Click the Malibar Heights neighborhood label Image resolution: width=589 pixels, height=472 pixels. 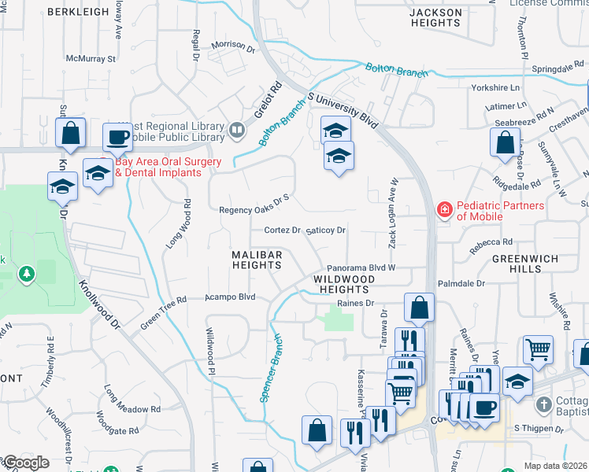coord(256,260)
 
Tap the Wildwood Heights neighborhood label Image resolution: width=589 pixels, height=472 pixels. coord(344,284)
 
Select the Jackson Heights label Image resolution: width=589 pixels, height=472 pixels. coord(435,18)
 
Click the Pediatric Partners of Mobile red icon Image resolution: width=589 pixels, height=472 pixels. coord(444,209)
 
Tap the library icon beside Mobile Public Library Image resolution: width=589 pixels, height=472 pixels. coord(236,129)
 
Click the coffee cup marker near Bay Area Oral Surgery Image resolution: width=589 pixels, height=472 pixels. coord(117,138)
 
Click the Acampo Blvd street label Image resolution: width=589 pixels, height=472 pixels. coord(231,297)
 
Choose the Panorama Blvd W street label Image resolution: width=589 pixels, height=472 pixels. coord(360,267)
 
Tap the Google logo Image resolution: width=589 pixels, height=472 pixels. coord(25,463)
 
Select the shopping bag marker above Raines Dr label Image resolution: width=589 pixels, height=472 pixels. coord(419,308)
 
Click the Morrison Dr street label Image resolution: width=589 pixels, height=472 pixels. coord(234,47)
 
